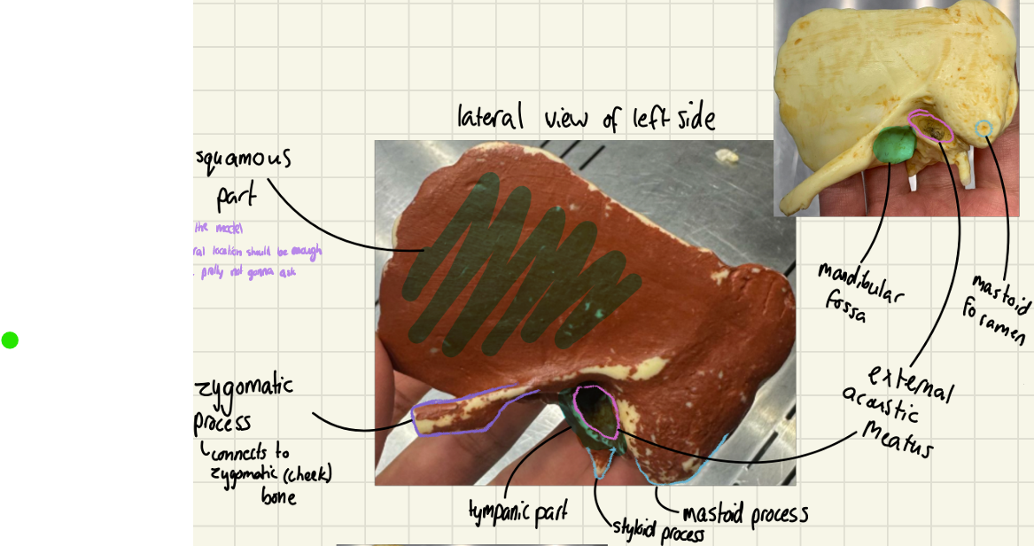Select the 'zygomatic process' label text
pyautogui.click(x=244, y=403)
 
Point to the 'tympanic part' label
pyautogui.click(x=518, y=511)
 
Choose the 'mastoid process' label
pyautogui.click(x=744, y=514)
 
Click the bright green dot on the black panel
pyautogui.click(x=10, y=339)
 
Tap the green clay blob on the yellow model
pyautogui.click(x=896, y=144)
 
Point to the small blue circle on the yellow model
pyautogui.click(x=983, y=129)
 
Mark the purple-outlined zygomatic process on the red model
pyautogui.click(x=461, y=415)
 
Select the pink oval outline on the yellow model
pyautogui.click(x=930, y=129)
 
